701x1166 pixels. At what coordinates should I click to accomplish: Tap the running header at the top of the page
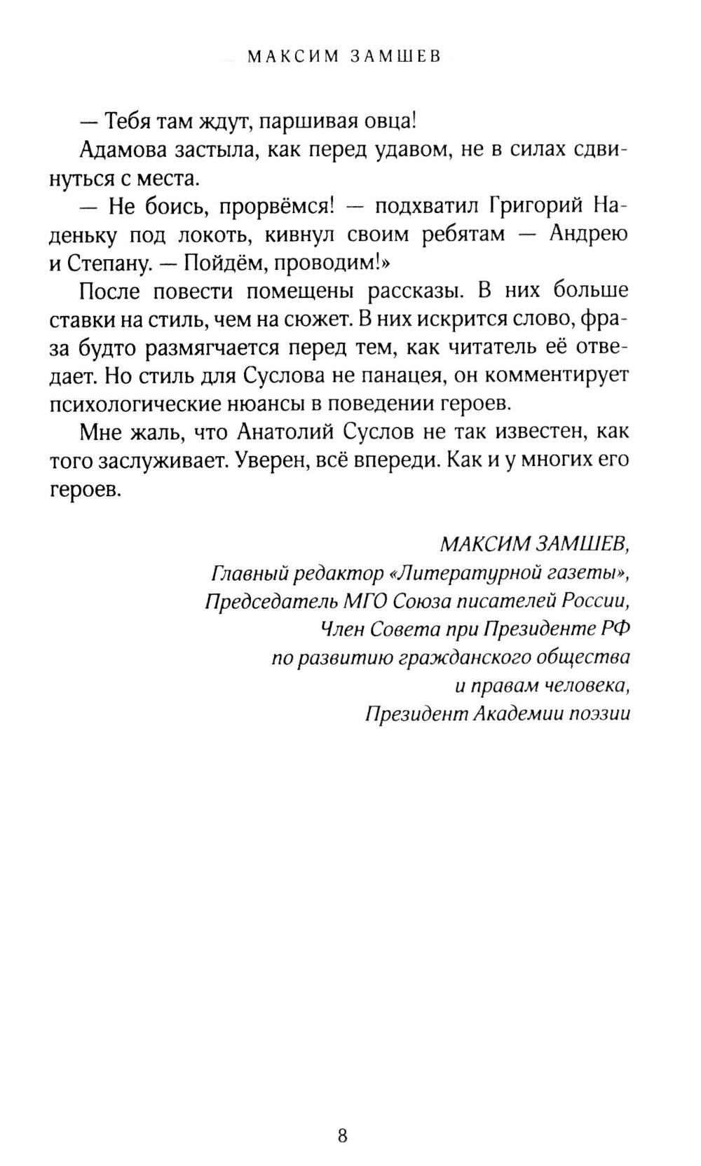(x=344, y=57)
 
